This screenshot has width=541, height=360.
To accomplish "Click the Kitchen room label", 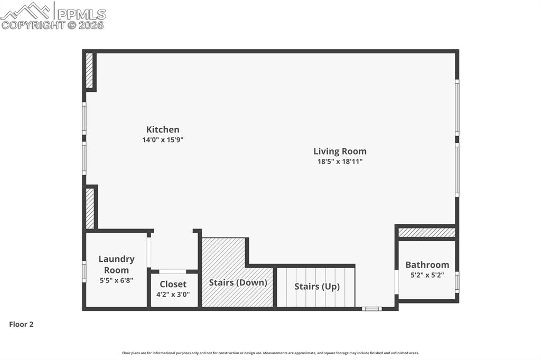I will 163,129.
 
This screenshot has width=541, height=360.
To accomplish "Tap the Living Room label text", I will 340,151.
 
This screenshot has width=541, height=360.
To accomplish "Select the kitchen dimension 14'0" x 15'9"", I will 163,140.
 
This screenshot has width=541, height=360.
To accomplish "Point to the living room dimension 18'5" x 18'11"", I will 340,162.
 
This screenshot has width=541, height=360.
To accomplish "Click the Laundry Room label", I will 116,264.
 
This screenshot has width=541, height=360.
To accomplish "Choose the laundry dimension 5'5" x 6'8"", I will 116,281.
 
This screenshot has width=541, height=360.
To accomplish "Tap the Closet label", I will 173,284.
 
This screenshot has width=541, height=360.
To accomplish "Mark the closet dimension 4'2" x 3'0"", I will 173,295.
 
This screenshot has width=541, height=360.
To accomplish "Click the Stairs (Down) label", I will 238,282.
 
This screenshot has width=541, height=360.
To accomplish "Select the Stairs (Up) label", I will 317,287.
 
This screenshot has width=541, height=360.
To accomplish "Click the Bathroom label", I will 427,264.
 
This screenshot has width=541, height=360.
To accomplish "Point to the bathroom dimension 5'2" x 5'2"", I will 427,275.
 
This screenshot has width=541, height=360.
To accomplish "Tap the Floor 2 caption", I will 21,325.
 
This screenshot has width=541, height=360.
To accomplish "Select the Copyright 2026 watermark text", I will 53,25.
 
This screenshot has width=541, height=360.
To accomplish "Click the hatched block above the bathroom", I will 426,232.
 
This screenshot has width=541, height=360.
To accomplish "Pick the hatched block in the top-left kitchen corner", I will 89,70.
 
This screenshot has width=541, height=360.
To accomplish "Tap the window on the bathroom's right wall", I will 457,281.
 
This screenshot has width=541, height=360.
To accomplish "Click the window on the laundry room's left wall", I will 84,271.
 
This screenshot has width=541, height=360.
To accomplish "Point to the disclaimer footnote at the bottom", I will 270,353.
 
